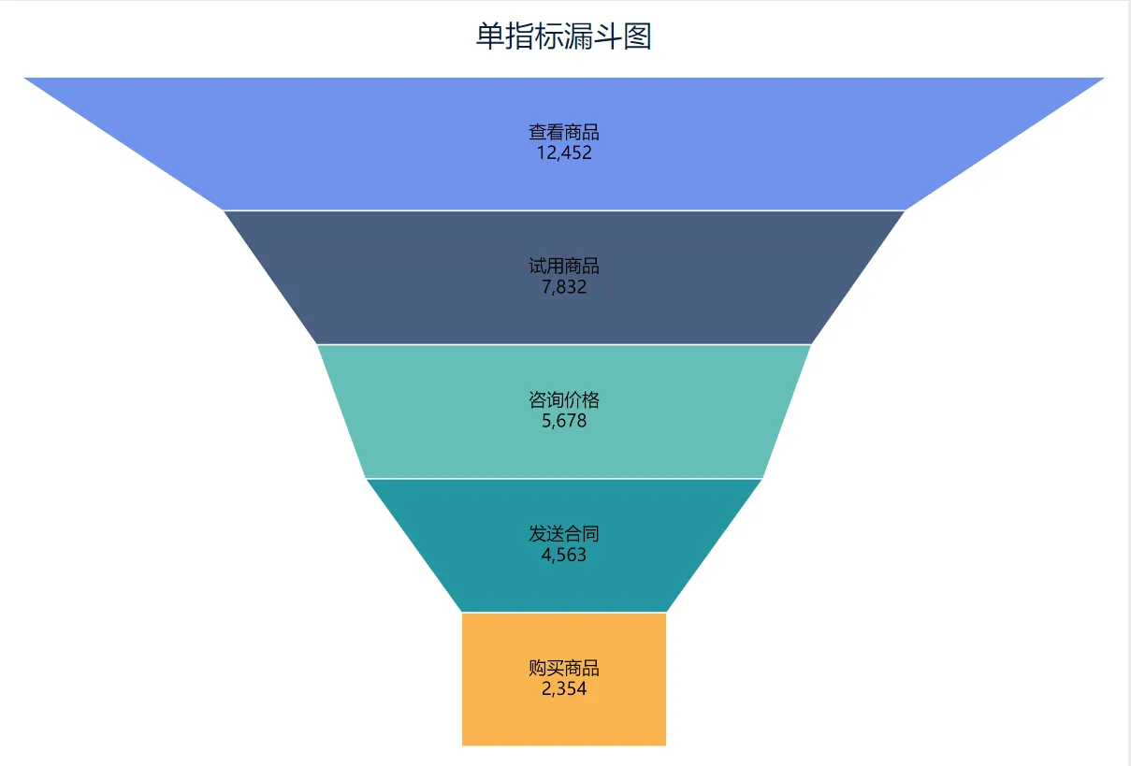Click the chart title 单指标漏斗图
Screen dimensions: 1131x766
(x=563, y=36)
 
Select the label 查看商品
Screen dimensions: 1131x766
(x=564, y=132)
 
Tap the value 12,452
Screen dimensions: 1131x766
(x=564, y=152)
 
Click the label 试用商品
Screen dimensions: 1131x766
(x=564, y=267)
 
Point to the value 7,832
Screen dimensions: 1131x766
(x=564, y=287)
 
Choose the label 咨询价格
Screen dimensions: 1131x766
(x=564, y=400)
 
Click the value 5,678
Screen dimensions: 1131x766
(x=564, y=421)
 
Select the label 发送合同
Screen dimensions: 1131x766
(x=564, y=534)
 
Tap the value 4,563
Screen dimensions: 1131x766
(x=564, y=555)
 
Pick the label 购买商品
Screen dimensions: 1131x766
(x=564, y=668)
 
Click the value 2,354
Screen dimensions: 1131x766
(x=564, y=688)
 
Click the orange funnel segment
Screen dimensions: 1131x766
(x=564, y=679)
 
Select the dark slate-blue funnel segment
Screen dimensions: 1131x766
(x=564, y=277)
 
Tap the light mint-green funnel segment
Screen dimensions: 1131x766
(x=564, y=412)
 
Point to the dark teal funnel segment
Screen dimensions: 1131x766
(x=564, y=545)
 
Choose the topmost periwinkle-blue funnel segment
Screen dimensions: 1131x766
(x=564, y=143)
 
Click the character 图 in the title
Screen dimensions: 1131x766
(x=637, y=36)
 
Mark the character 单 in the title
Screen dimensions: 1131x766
(x=490, y=36)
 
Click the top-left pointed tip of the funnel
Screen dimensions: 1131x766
(x=24, y=78)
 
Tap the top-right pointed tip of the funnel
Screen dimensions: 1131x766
(x=1104, y=78)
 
